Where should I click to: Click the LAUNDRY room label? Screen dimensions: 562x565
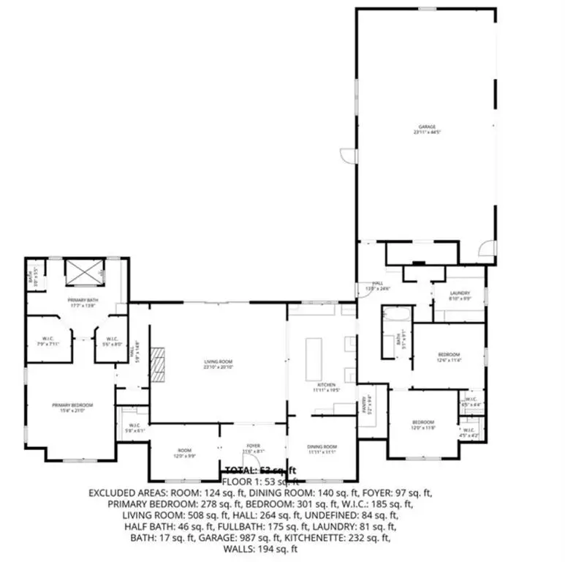click(x=460, y=295)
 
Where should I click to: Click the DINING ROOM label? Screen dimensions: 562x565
click(x=322, y=449)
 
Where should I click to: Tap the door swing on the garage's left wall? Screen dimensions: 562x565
click(x=348, y=155)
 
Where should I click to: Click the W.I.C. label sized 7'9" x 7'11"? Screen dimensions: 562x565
click(x=46, y=341)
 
